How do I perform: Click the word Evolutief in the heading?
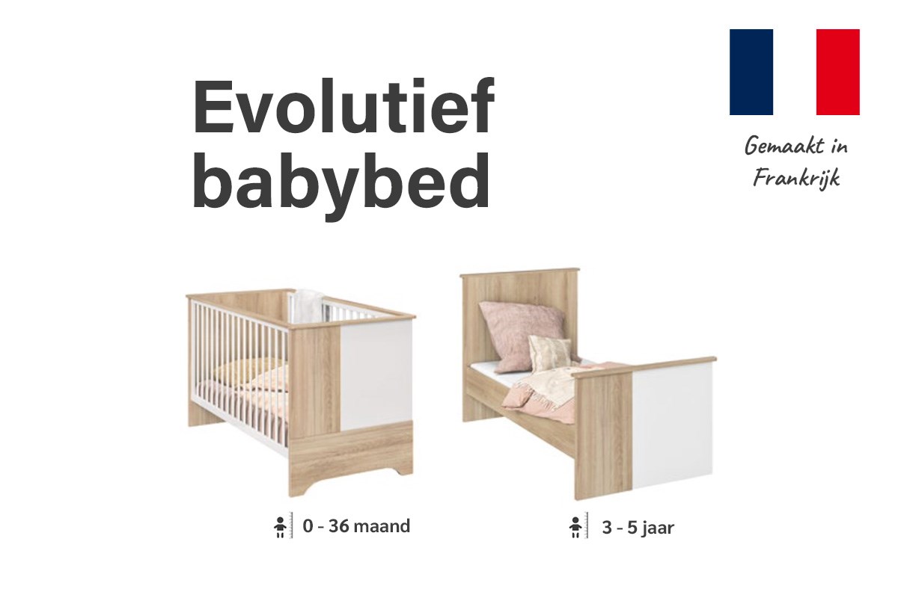[343, 106]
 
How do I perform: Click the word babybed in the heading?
[341, 185]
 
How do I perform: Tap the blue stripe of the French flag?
[751, 72]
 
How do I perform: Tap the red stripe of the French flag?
[838, 72]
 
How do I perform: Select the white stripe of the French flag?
[795, 72]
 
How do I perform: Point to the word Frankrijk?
[796, 178]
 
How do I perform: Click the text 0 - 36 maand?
[356, 526]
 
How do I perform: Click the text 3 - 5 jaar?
[638, 528]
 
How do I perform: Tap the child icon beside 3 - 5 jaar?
[575, 528]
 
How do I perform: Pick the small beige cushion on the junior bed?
[549, 353]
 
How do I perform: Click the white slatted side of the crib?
[239, 372]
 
